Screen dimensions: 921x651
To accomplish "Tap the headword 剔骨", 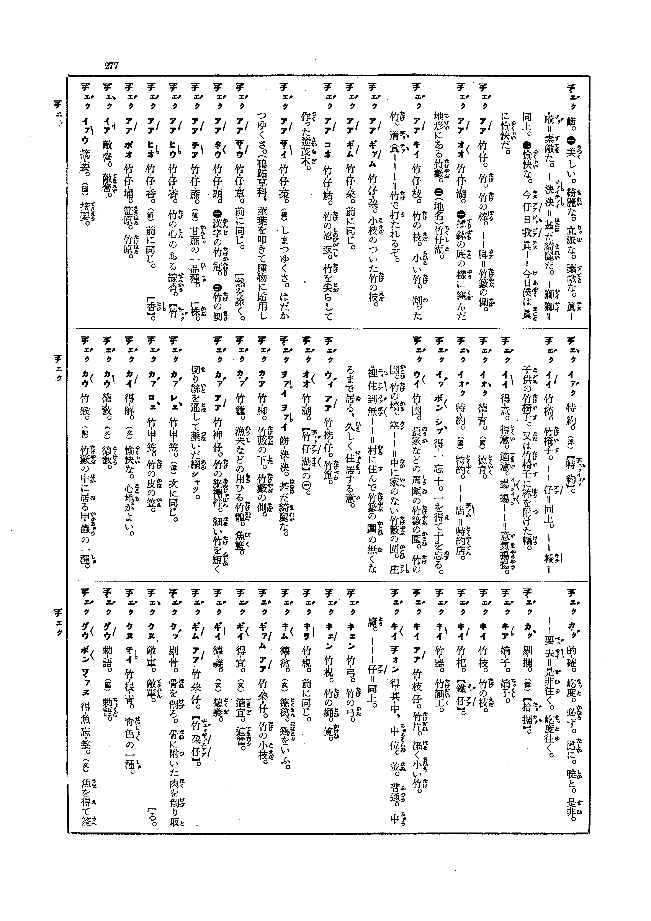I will click(175, 658).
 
